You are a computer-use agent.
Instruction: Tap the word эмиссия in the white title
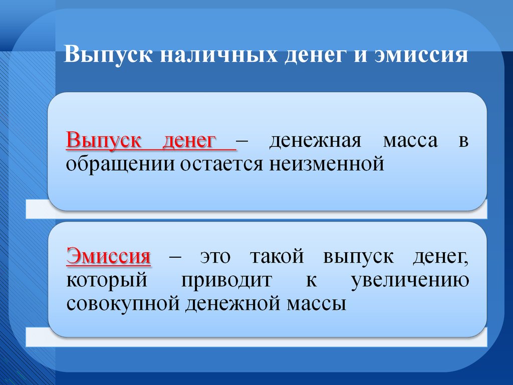click(x=421, y=55)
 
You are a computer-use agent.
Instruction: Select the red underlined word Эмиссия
click(x=109, y=256)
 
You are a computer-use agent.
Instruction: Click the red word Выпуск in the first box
click(x=103, y=141)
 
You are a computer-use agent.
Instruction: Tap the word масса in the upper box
click(x=410, y=141)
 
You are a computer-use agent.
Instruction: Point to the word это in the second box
click(x=215, y=257)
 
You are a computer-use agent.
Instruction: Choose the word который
click(x=107, y=281)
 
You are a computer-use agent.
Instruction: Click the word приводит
click(x=226, y=281)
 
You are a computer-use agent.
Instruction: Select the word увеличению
click(x=410, y=281)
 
